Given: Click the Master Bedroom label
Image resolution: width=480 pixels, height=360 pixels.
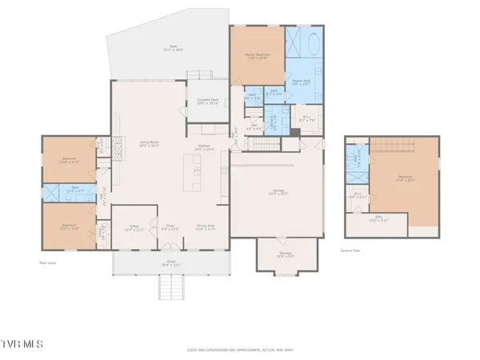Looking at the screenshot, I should [257, 56].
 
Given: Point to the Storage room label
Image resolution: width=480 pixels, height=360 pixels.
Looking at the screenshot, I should [286, 254].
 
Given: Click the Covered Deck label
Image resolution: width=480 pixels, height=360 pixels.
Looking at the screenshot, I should [207, 102].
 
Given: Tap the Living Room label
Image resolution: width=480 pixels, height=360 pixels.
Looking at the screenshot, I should [146, 144].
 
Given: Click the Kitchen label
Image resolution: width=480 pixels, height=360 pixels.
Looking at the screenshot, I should [205, 147].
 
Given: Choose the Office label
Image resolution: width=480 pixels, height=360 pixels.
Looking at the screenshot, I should [135, 227].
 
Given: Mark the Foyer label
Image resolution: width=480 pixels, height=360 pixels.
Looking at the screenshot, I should [170, 227].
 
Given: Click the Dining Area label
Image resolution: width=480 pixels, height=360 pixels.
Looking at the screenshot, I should [207, 227].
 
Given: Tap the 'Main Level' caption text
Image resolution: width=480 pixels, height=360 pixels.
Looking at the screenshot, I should [49, 261].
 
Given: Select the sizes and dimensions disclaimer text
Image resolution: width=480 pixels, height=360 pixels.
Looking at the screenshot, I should [239, 349].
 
